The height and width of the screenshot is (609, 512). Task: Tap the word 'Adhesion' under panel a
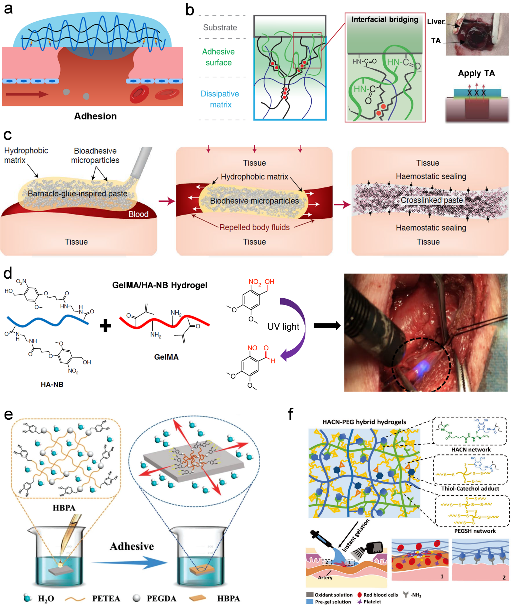[x=95, y=116]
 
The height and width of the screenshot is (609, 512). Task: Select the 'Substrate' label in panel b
[x=220, y=28]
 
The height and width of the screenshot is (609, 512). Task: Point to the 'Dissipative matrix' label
[x=220, y=99]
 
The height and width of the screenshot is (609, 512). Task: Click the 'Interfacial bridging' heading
[x=385, y=20]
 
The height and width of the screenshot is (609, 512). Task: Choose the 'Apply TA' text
[x=476, y=73]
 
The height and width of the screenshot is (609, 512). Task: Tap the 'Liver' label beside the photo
[x=436, y=22]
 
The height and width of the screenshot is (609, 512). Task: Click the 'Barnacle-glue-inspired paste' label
[x=77, y=194]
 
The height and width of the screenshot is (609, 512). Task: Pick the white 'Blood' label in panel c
[x=138, y=214]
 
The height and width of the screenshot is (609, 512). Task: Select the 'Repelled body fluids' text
[x=254, y=227]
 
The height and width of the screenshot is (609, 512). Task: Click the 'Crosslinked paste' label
[x=431, y=200]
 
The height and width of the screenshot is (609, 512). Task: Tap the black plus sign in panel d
[x=105, y=326]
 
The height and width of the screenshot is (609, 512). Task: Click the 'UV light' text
[x=283, y=327]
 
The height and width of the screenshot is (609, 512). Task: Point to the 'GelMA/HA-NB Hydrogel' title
[x=159, y=285]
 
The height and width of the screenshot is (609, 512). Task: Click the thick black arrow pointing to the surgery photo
[x=327, y=325]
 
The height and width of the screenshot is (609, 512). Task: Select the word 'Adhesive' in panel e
[x=132, y=546]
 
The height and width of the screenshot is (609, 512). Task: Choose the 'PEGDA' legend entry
[x=161, y=599]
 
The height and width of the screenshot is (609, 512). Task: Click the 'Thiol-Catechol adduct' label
[x=470, y=489]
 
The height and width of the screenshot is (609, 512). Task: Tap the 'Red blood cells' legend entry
[x=380, y=595]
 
